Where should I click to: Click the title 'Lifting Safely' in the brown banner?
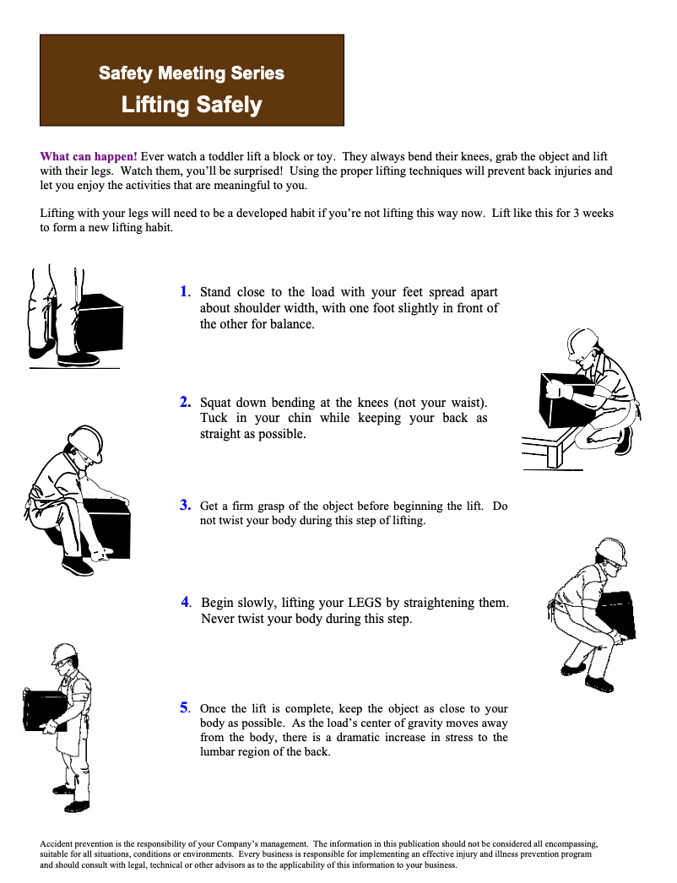point(192,105)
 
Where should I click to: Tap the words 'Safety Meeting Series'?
point(192,73)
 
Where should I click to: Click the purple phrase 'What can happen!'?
point(89,156)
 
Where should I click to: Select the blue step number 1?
point(184,291)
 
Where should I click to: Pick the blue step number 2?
point(185,402)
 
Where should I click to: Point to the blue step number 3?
point(185,505)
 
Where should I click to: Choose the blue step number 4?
point(186,602)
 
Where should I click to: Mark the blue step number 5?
point(185,707)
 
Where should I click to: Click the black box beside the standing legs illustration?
point(98,322)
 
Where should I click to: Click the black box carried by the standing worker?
point(45,711)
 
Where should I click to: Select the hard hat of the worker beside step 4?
point(612,550)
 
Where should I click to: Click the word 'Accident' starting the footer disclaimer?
point(56,843)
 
